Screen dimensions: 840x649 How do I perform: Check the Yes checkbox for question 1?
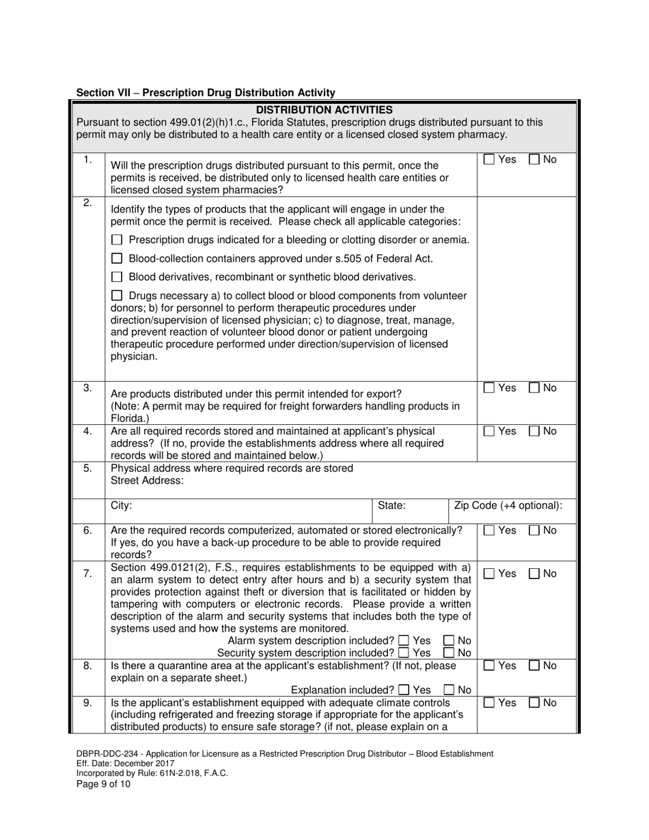click(489, 160)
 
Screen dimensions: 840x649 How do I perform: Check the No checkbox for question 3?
click(534, 388)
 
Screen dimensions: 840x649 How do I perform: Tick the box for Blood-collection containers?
click(117, 259)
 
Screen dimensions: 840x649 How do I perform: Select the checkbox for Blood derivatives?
click(117, 277)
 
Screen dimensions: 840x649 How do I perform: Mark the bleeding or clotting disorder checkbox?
click(117, 240)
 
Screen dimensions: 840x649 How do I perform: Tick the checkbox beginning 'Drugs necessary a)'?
click(117, 296)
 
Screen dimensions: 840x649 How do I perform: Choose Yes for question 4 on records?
click(489, 432)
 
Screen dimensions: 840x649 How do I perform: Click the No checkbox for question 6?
click(534, 531)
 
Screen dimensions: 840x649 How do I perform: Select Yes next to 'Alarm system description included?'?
click(404, 641)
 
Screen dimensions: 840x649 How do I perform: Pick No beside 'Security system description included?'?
click(449, 653)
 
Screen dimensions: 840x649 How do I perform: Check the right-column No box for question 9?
click(534, 703)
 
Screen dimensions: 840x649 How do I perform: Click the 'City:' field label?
click(122, 506)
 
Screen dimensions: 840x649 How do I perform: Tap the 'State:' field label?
click(391, 506)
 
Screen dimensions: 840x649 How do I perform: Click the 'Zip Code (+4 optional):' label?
click(508, 506)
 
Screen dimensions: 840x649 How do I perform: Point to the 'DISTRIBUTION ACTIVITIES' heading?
click(324, 110)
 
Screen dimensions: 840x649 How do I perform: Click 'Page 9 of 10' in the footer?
click(103, 784)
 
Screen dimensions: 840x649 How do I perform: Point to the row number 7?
click(87, 574)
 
